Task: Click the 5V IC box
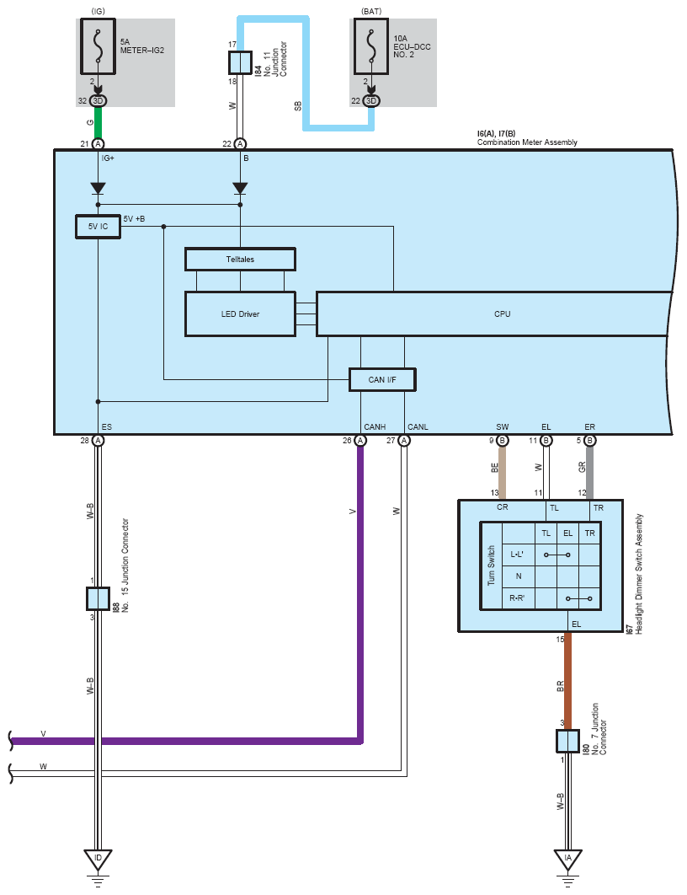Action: [98, 227]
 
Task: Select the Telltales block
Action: [240, 259]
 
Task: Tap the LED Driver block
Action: [240, 314]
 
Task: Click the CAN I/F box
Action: [382, 379]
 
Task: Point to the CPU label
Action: [503, 314]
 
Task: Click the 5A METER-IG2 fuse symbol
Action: [98, 46]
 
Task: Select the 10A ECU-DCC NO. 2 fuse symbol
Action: [371, 46]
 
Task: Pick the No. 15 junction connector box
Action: [98, 598]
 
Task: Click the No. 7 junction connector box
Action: [567, 741]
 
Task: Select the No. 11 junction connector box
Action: [240, 63]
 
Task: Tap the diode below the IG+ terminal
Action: [98, 189]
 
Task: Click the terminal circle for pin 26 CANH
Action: [360, 440]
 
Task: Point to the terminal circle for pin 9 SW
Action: [503, 440]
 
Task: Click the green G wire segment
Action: [98, 122]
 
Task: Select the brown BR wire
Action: [567, 680]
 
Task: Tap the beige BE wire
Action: [503, 473]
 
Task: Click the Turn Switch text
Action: [491, 565]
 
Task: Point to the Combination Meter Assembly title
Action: [527, 142]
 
